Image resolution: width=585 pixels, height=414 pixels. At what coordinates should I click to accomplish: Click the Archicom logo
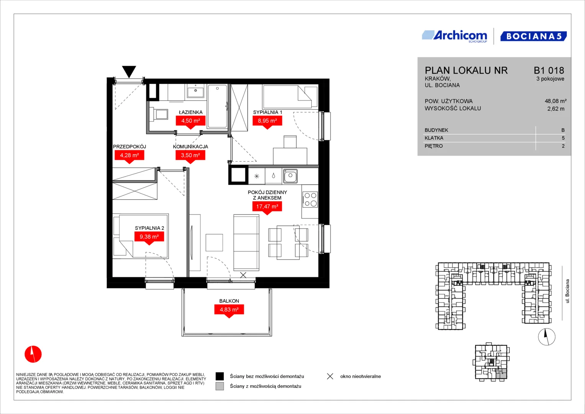454,36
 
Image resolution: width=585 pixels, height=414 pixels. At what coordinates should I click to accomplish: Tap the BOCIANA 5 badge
534,36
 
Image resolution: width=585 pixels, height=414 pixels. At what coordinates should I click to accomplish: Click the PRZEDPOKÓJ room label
129,146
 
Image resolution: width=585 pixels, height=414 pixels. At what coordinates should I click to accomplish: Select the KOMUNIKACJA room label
190,146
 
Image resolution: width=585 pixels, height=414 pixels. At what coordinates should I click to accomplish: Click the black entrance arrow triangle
129,71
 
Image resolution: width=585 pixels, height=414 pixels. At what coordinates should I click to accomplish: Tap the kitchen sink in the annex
290,176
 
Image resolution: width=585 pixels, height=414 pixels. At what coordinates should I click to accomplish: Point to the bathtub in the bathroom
217,106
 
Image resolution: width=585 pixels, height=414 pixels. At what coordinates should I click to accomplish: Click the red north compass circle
33,354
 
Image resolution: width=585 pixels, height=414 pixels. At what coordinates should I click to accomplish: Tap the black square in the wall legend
220,376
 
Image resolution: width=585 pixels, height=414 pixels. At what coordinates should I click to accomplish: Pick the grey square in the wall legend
220,386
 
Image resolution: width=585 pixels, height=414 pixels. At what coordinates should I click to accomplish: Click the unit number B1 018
549,70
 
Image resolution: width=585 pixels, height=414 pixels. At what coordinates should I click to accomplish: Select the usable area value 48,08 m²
556,101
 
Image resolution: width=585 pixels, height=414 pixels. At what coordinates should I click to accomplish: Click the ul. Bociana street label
567,291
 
